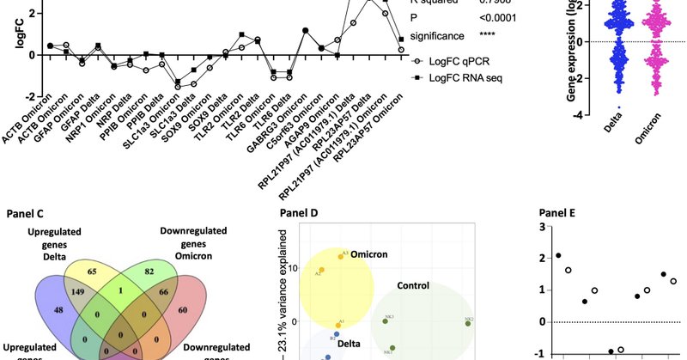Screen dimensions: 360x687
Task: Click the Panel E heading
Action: tap(560, 213)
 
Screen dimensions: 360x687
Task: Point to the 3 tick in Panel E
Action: tap(542, 227)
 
